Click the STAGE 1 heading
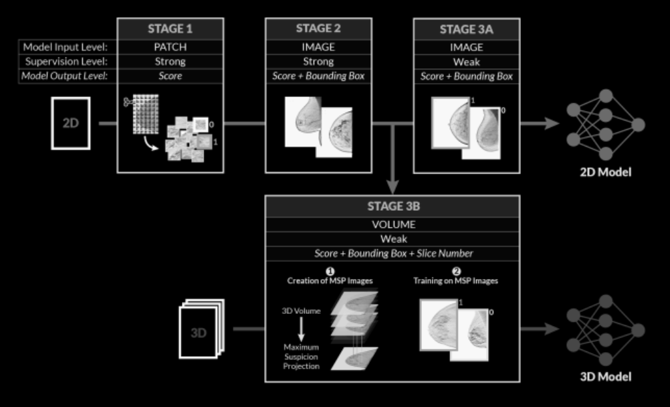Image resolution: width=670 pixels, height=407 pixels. pos(170,29)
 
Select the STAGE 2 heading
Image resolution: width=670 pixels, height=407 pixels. pos(318,29)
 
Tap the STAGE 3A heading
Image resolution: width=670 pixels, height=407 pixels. pos(467,29)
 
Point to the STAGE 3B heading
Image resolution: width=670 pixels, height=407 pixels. pos(394,206)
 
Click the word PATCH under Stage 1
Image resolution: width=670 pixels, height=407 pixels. pos(170,47)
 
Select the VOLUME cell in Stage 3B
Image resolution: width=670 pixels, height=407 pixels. pos(394,225)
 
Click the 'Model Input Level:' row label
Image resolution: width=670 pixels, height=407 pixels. pos(65,47)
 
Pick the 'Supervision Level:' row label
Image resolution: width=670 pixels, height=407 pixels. pos(66,62)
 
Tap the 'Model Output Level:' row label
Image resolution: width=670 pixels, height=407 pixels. pos(64,76)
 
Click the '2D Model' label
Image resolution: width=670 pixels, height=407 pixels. pos(606,172)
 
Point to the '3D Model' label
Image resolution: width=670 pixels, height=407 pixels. pos(606,377)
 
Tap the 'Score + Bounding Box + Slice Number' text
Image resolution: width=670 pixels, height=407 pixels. pos(394,253)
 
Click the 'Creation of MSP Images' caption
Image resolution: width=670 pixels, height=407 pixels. pos(330,280)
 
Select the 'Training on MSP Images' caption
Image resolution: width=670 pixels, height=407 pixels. pos(455,280)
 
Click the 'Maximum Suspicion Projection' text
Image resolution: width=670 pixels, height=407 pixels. pos(302,357)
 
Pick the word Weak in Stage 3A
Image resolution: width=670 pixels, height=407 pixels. pos(467,62)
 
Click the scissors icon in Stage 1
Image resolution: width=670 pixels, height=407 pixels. pos(127,102)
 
